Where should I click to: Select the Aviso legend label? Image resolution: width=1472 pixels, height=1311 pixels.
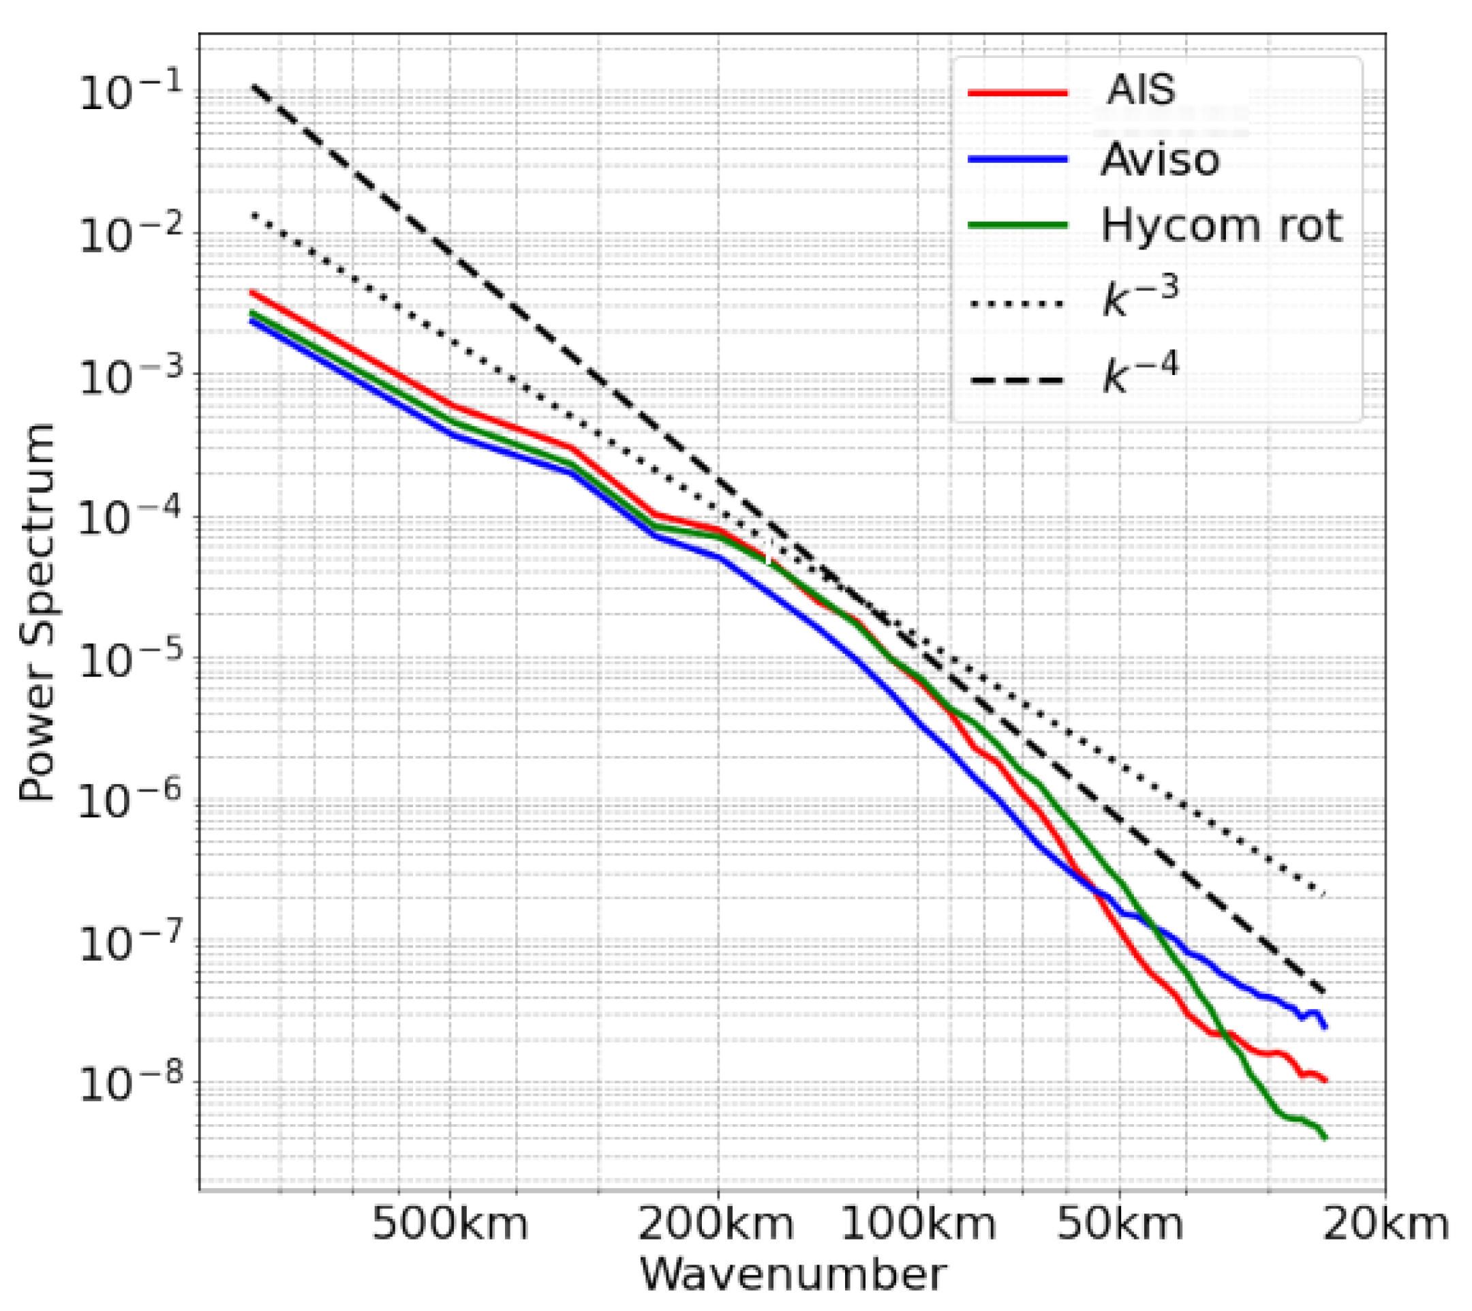1160,160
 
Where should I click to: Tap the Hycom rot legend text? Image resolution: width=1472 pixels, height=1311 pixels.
1221,226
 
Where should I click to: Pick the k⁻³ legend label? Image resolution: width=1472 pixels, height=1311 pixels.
1141,297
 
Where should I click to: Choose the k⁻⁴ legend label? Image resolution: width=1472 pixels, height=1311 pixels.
1141,374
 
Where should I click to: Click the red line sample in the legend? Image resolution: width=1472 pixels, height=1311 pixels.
1017,92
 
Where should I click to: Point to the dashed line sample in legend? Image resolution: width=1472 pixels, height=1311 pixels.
1017,380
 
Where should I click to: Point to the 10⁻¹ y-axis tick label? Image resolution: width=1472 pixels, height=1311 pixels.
129,94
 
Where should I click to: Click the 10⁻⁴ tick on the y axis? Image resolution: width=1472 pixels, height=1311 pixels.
129,518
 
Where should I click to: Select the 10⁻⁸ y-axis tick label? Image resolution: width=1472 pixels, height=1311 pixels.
129,1083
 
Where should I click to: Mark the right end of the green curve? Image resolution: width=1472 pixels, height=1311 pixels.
1324,1138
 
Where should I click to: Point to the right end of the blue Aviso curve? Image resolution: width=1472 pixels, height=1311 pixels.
1324,1027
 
